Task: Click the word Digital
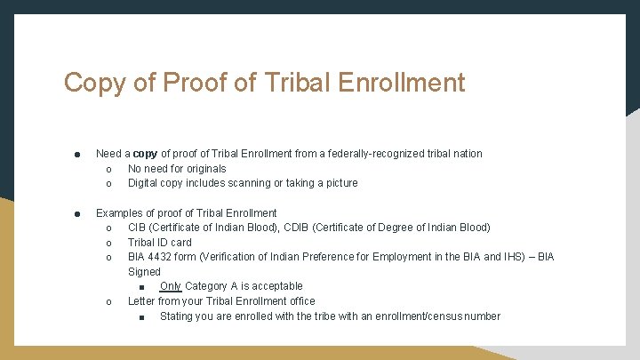(x=144, y=183)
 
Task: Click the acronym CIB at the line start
(x=138, y=228)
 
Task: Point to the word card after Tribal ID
(x=180, y=242)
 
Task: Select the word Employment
(x=396, y=257)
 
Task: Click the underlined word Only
(x=171, y=286)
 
